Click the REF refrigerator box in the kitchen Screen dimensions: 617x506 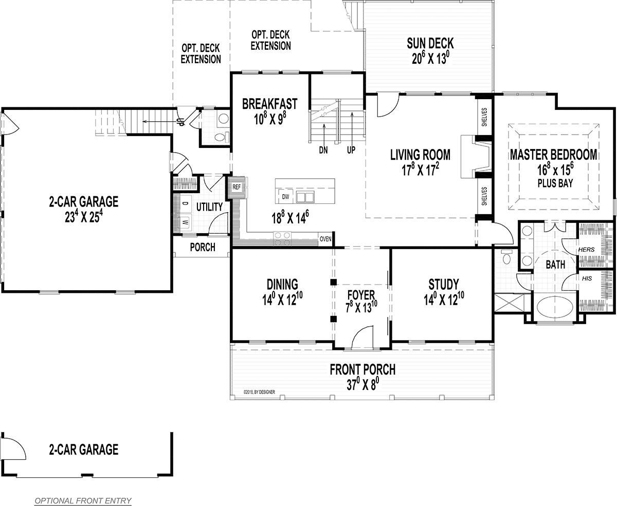point(237,187)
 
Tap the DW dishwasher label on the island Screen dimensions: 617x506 point(285,197)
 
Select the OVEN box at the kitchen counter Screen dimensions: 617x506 point(325,239)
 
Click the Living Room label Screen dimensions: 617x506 point(421,155)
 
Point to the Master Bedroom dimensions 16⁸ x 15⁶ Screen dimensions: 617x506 point(555,170)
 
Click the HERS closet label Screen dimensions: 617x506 point(586,249)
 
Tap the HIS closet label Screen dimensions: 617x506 point(587,278)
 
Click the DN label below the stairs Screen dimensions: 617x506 point(323,150)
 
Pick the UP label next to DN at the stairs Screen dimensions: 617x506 point(351,150)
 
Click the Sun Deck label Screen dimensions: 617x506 point(430,43)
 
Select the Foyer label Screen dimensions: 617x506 point(361,295)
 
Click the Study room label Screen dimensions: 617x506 point(444,285)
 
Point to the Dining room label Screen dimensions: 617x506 point(282,285)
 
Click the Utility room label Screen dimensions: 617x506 point(209,207)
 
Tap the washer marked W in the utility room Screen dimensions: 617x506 point(185,222)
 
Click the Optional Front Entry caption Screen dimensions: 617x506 point(83,501)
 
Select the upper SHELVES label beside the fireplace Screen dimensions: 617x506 point(484,117)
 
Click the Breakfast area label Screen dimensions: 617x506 point(270,104)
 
